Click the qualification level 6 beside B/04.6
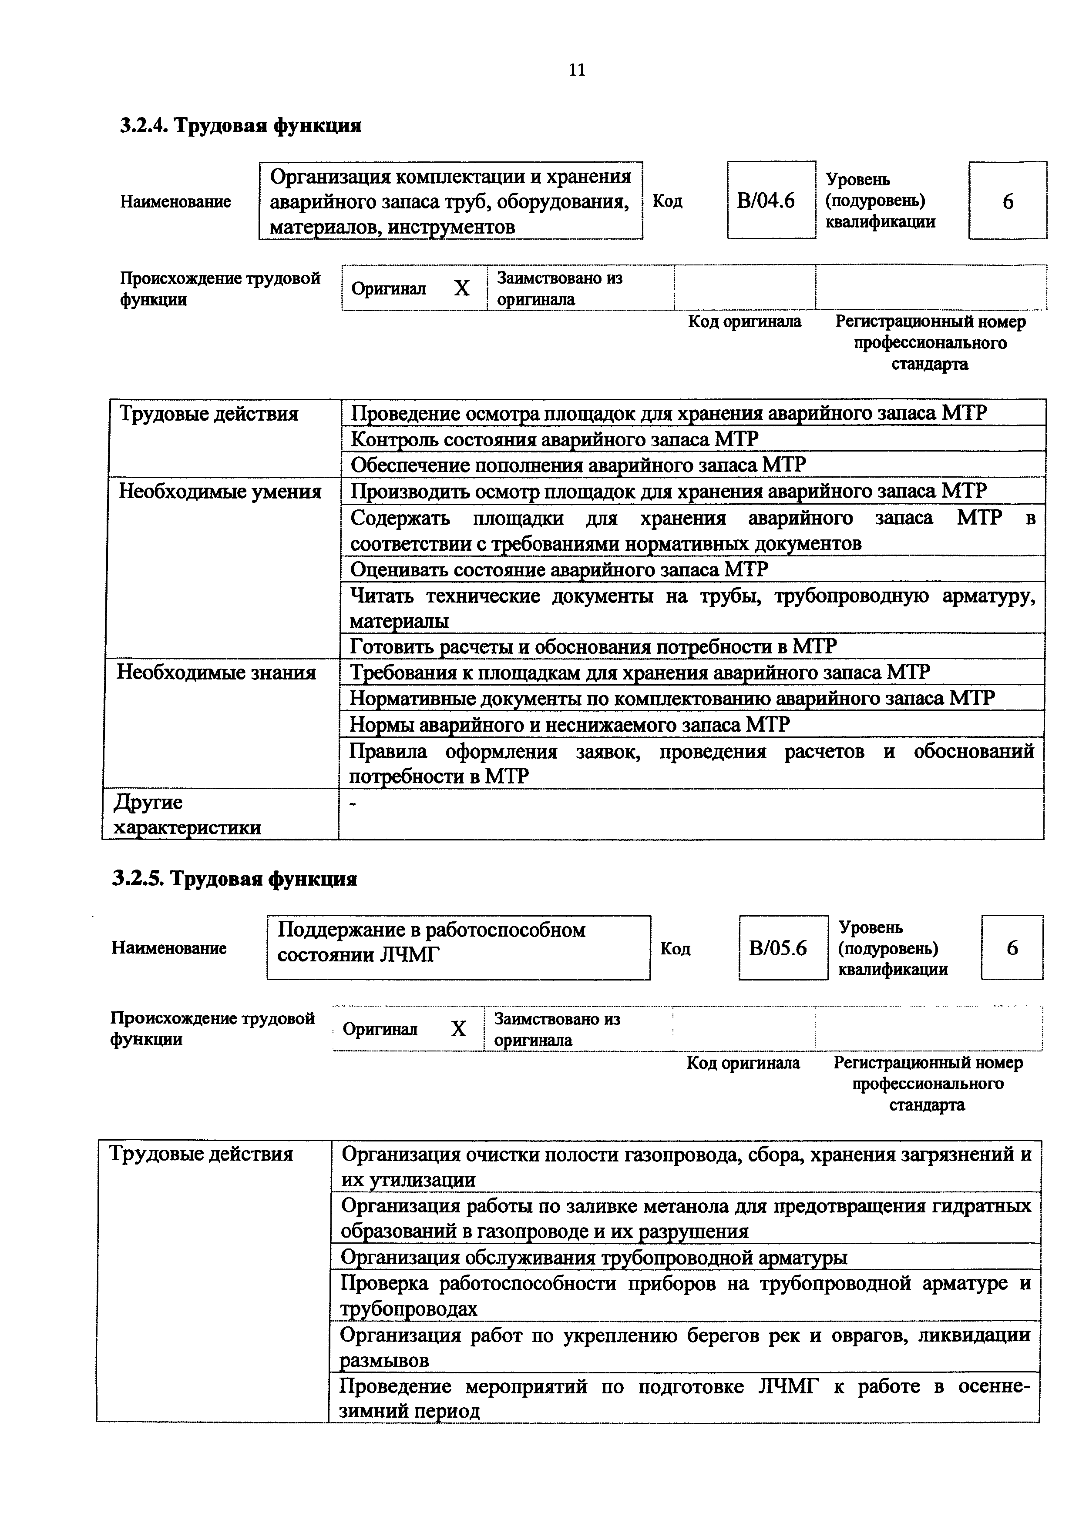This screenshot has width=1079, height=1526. [1007, 201]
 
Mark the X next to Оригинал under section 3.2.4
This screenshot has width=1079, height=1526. [461, 288]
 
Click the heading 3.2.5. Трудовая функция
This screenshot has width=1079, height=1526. [235, 879]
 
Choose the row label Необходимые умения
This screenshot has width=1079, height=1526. [220, 492]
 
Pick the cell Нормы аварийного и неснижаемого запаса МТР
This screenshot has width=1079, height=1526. [570, 724]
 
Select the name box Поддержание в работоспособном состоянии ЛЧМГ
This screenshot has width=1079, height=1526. [458, 948]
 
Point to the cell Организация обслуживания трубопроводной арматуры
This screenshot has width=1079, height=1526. [594, 1258]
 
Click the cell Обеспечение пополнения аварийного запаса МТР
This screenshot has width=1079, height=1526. [578, 465]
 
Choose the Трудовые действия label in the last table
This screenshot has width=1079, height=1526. [200, 1154]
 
